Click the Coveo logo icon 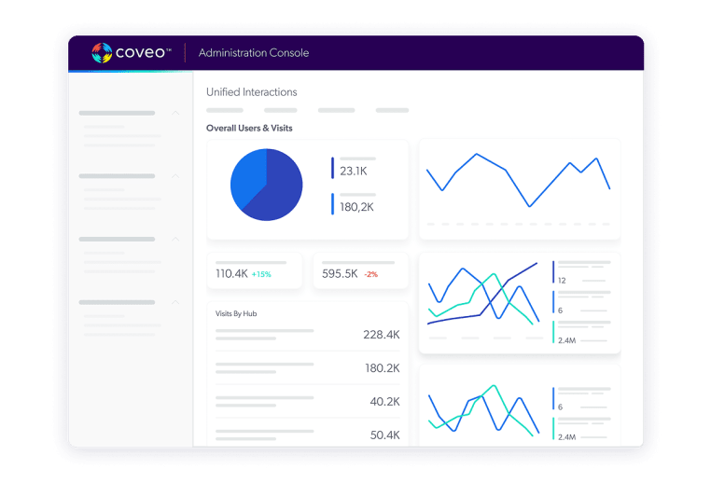102,53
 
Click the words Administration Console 254,53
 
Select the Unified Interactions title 252,92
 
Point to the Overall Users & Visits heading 249,128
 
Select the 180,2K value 356,206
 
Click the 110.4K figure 231,274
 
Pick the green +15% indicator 261,275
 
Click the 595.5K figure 340,274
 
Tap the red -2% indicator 370,275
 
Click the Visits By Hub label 236,314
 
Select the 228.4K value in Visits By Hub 382,335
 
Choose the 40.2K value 384,402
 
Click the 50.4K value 384,435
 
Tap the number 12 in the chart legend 562,280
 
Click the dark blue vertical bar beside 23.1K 332,168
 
